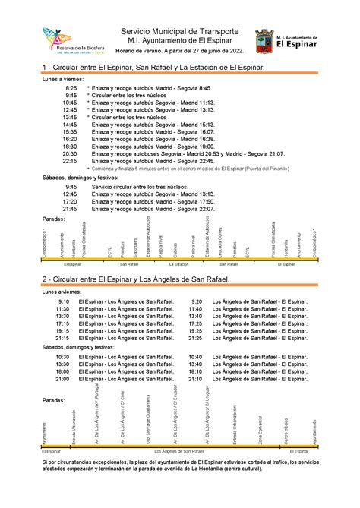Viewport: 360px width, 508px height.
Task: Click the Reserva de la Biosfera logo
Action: coord(65,40)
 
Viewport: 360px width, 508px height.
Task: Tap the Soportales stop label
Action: coord(136,246)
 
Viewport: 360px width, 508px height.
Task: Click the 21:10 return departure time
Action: coord(195,379)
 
